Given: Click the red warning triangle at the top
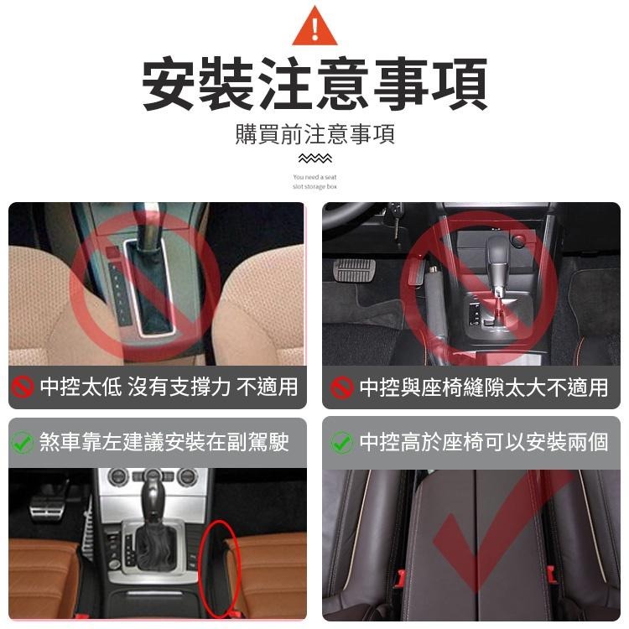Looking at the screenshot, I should pos(314,28).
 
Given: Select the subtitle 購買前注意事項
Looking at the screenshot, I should pos(314,134).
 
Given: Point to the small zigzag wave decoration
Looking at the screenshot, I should pos(314,159).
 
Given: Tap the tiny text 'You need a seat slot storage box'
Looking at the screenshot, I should pos(314,182).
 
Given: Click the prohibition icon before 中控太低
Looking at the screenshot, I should pos(23,387).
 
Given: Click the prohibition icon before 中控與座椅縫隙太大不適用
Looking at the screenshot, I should pos(341,387).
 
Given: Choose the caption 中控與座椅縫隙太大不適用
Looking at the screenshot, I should pos(483,387).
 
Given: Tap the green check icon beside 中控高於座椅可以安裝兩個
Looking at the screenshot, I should pos(341,442).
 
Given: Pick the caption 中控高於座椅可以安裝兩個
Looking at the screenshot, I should pos(483,442).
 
